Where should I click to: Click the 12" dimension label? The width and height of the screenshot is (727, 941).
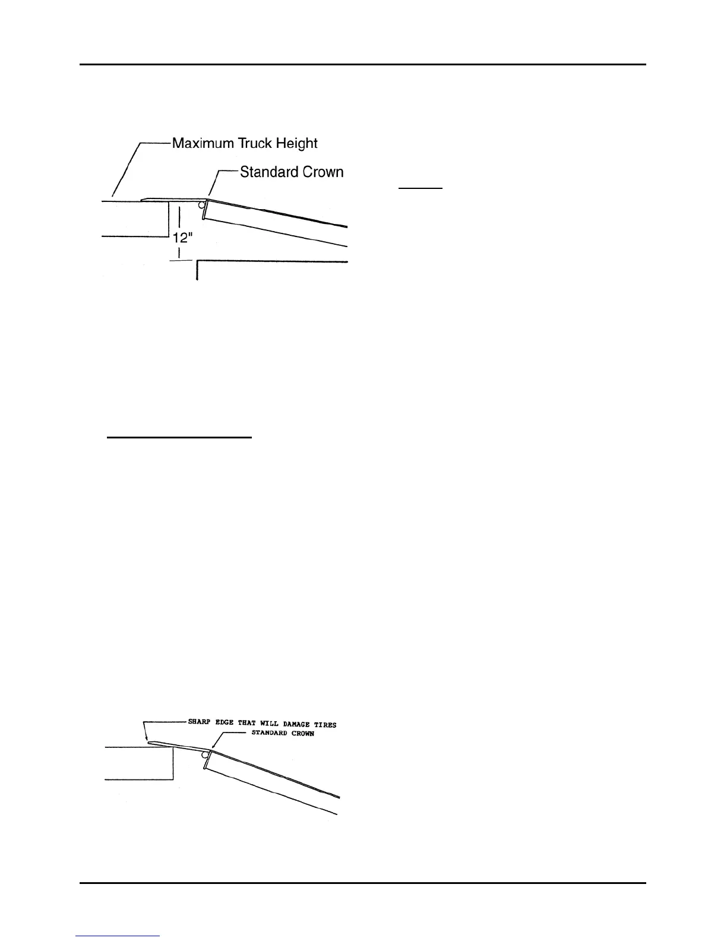pyautogui.click(x=182, y=238)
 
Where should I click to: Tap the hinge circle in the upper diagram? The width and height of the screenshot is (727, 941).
pyautogui.click(x=202, y=206)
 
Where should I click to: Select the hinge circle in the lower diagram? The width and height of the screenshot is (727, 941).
pyautogui.click(x=206, y=755)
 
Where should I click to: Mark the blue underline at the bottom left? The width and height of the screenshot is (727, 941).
pyautogui.click(x=118, y=936)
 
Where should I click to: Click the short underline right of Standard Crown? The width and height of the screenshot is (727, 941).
pyautogui.click(x=421, y=188)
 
